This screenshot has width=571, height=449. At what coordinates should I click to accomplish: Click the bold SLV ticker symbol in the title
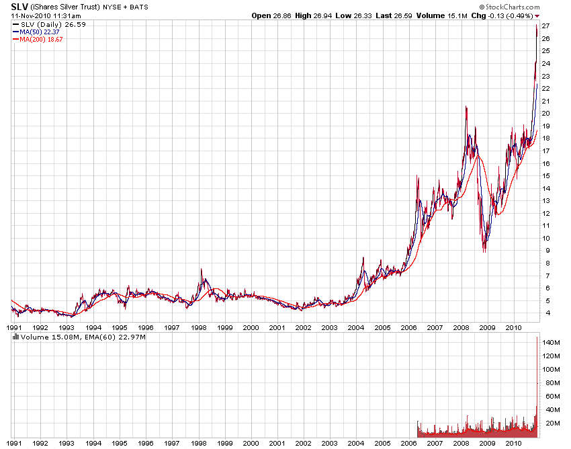[x=19, y=7]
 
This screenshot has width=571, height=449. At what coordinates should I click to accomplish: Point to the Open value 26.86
[x=290, y=15]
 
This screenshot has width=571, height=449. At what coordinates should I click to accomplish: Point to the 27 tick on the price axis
[x=546, y=26]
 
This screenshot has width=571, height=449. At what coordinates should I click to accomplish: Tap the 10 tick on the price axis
[x=546, y=238]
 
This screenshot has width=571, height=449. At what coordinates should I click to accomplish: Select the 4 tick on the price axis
[x=546, y=313]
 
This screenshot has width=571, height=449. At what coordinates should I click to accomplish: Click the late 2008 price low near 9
[x=484, y=250]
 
